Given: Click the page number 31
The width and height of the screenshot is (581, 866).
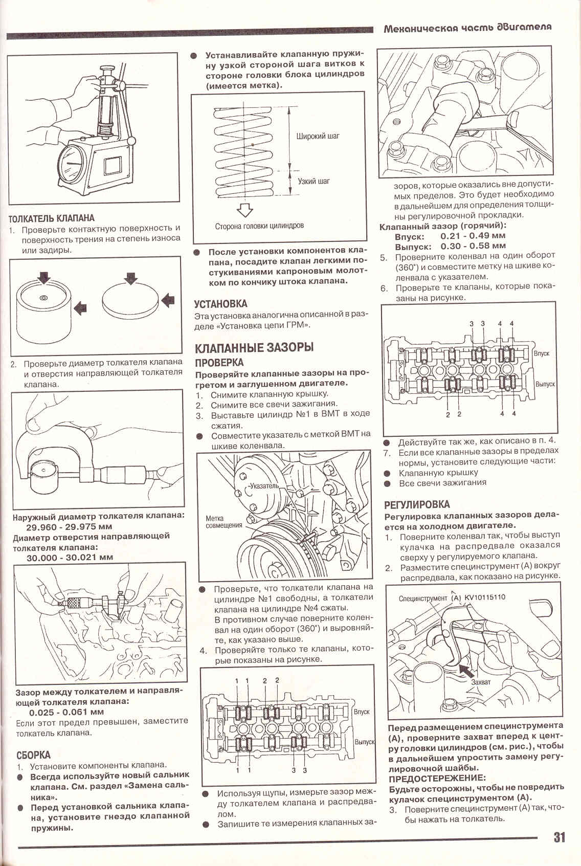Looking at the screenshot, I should (558, 838).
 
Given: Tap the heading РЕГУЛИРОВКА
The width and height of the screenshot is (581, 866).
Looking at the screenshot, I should (417, 504).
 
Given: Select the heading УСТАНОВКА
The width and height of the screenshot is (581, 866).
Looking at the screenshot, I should (220, 304).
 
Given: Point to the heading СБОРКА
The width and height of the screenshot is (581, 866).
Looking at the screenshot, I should (33, 755).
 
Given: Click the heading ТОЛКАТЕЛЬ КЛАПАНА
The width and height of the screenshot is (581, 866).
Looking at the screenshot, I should (52, 218).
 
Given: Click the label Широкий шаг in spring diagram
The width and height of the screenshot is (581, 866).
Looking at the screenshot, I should (317, 137).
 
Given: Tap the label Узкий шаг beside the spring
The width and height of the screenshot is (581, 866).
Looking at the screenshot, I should (314, 181).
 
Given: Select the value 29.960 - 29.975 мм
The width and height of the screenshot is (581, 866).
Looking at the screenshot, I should (69, 526).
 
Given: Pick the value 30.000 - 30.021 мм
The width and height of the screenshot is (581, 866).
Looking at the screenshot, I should (70, 558).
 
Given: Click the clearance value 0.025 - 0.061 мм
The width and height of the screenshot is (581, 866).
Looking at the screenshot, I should (66, 712).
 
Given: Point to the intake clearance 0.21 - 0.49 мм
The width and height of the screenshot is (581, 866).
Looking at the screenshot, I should (473, 236).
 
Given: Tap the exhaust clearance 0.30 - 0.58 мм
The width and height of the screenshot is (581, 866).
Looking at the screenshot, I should (473, 246).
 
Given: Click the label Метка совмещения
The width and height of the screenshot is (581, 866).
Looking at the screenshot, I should (224, 522).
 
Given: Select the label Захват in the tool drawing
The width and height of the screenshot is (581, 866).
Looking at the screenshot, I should (481, 682).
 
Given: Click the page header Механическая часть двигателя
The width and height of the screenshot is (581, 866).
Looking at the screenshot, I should (467, 28).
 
